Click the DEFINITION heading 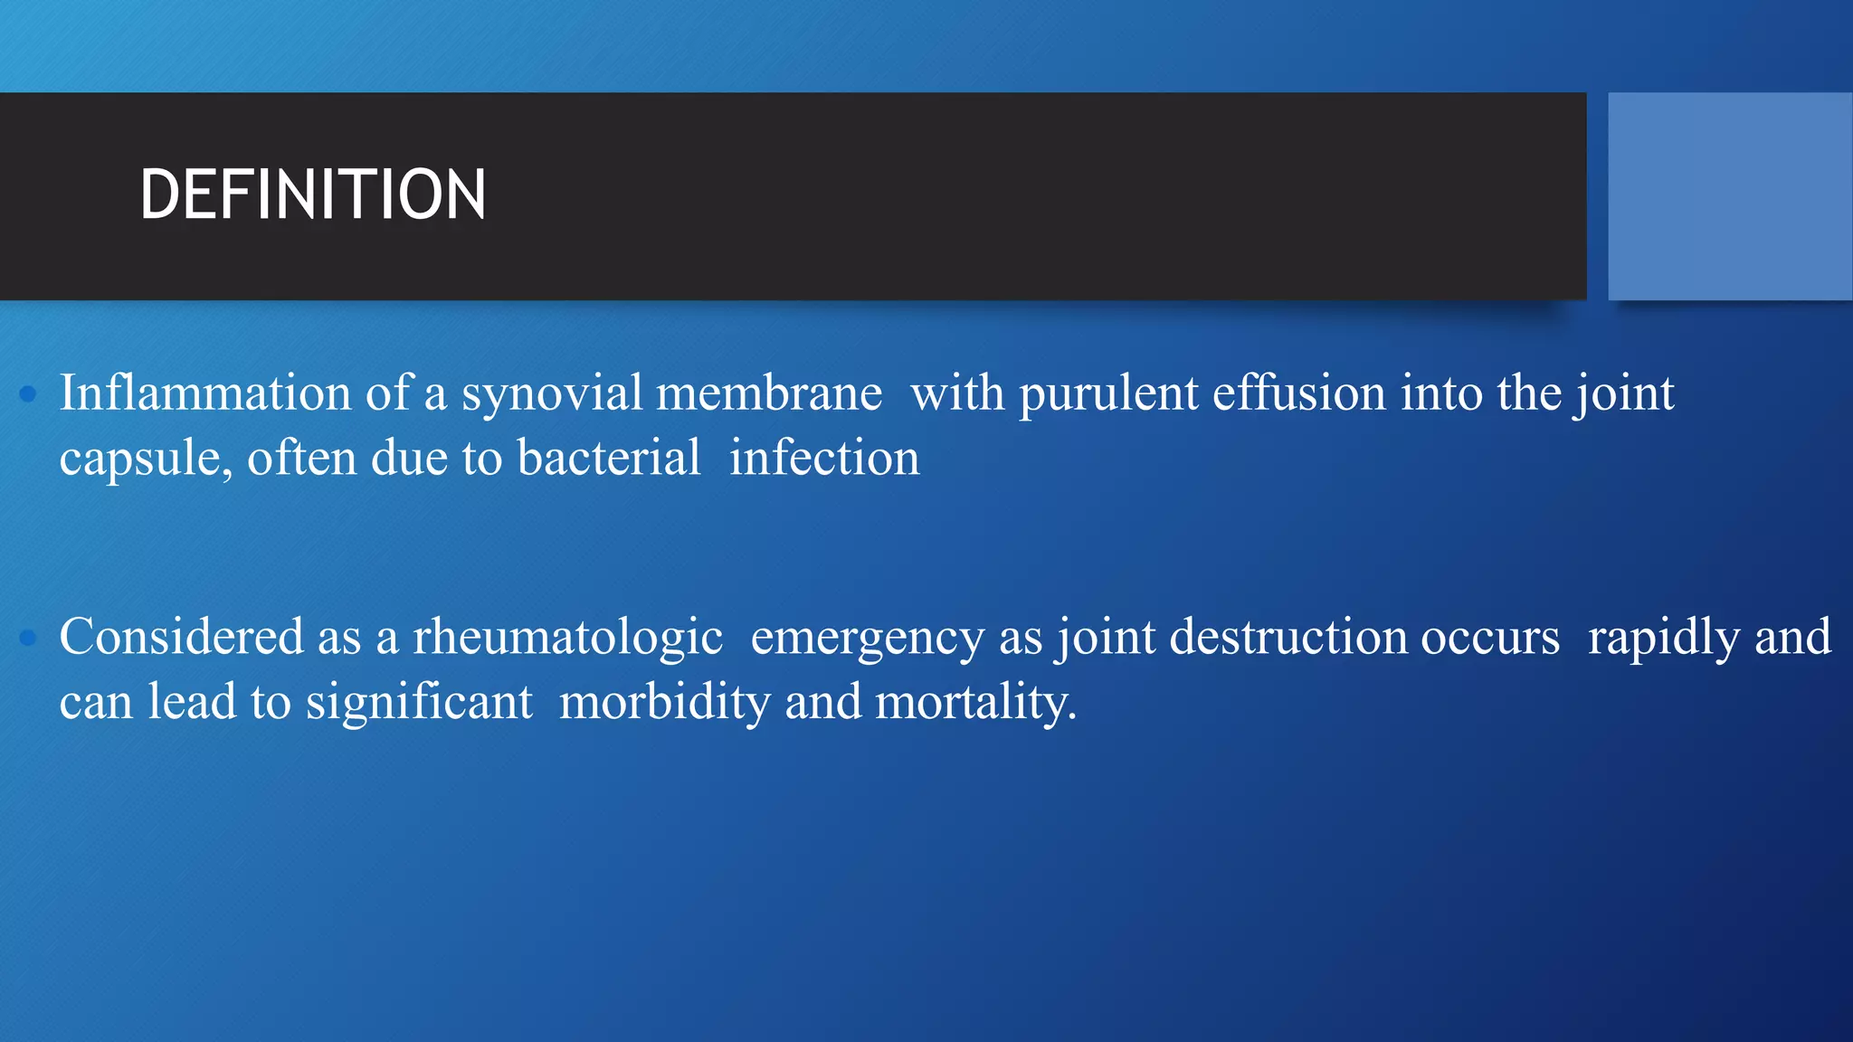pyautogui.click(x=312, y=194)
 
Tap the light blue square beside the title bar pyautogui.click(x=1729, y=196)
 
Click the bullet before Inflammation pyautogui.click(x=28, y=393)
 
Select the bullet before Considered pyautogui.click(x=28, y=638)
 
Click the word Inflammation pyautogui.click(x=205, y=393)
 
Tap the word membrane pyautogui.click(x=769, y=393)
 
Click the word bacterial pyautogui.click(x=608, y=457)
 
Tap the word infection pyautogui.click(x=824, y=457)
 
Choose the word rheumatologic pyautogui.click(x=567, y=638)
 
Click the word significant pyautogui.click(x=419, y=703)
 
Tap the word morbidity pyautogui.click(x=664, y=703)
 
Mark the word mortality pyautogui.click(x=975, y=703)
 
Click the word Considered pyautogui.click(x=181, y=637)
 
